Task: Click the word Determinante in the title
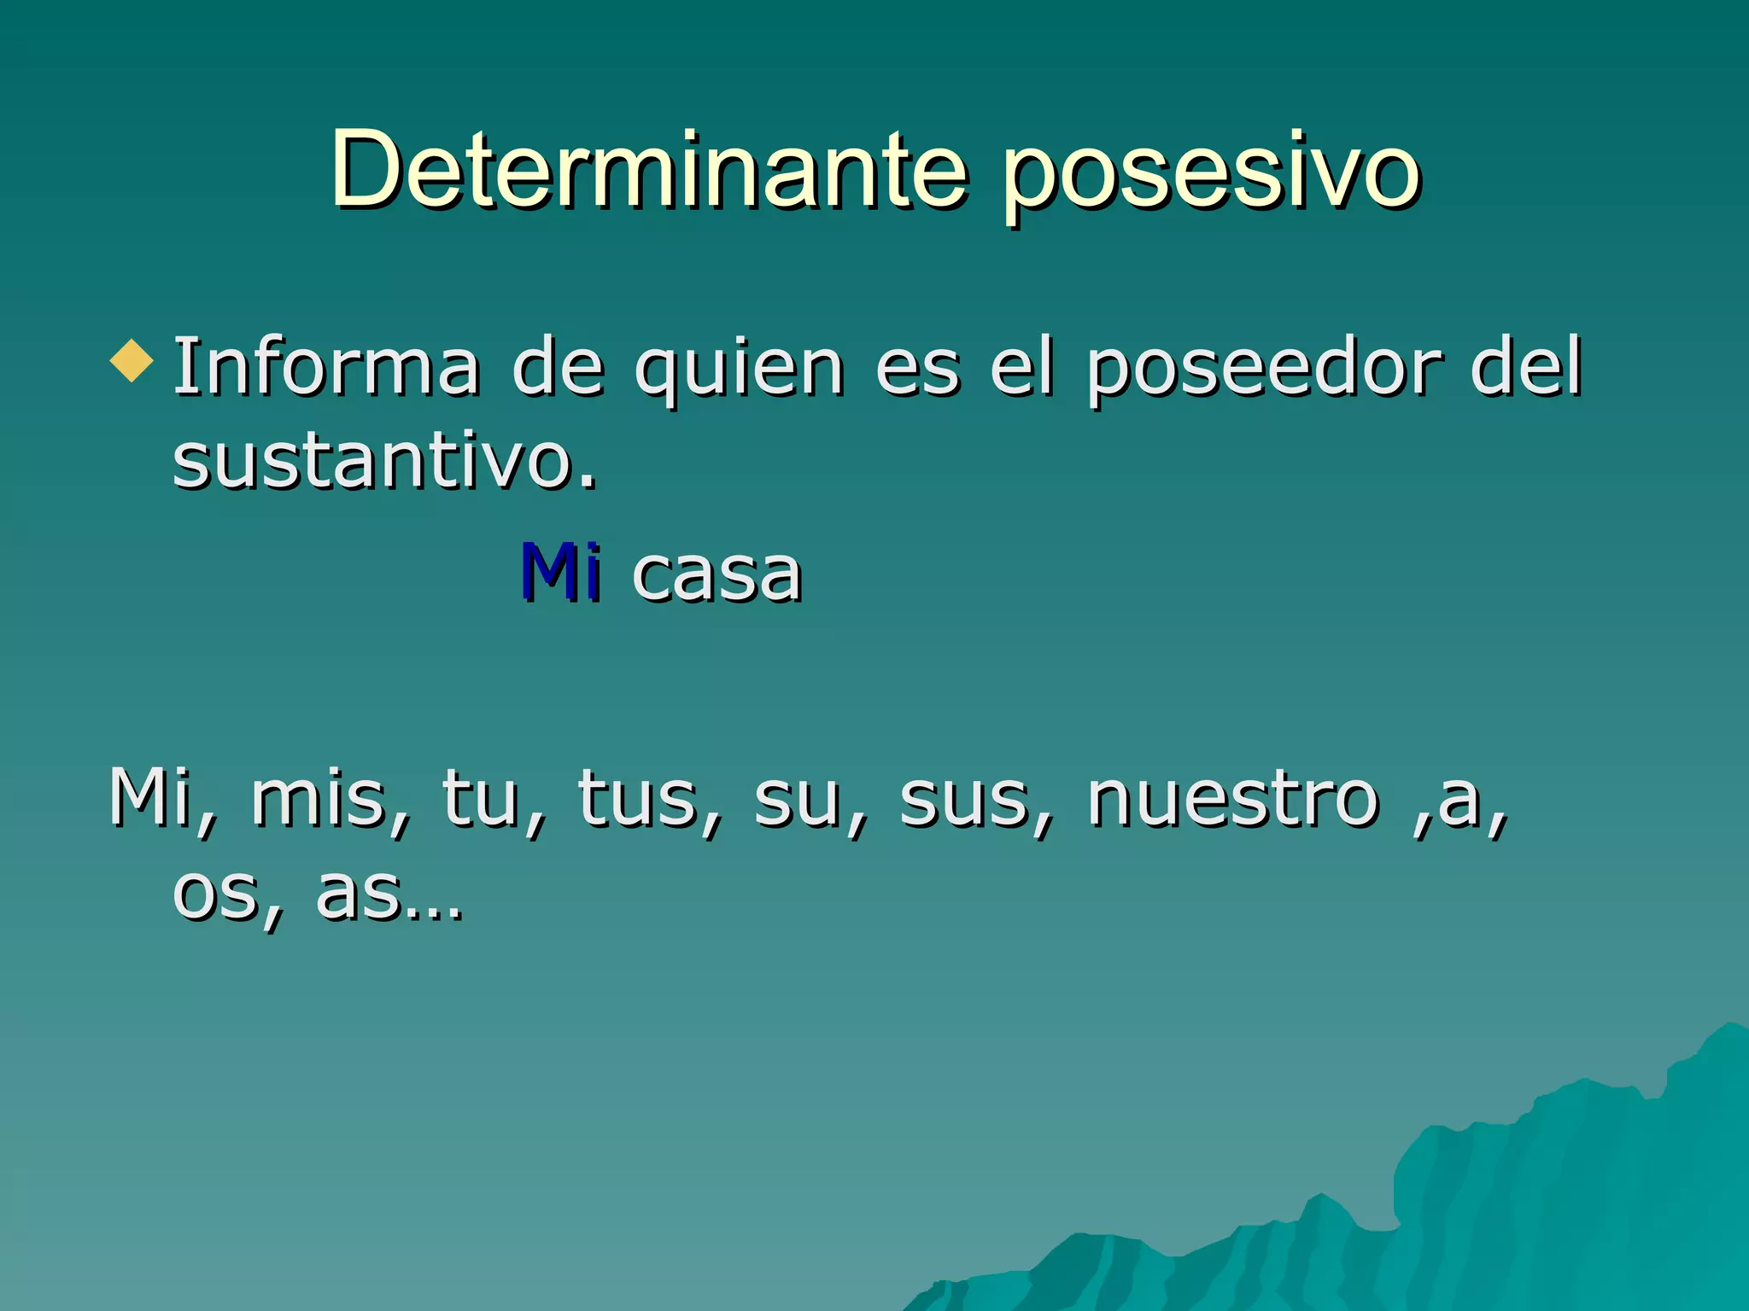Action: pyautogui.click(x=649, y=171)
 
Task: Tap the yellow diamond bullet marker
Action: pyautogui.click(x=132, y=361)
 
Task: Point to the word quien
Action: pyautogui.click(x=739, y=371)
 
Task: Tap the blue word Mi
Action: pyautogui.click(x=559, y=572)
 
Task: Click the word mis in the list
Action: pyautogui.click(x=320, y=800)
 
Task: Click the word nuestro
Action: pyautogui.click(x=1232, y=800)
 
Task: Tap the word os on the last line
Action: pyautogui.click(x=217, y=896)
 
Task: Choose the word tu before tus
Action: pyautogui.click(x=481, y=800)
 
